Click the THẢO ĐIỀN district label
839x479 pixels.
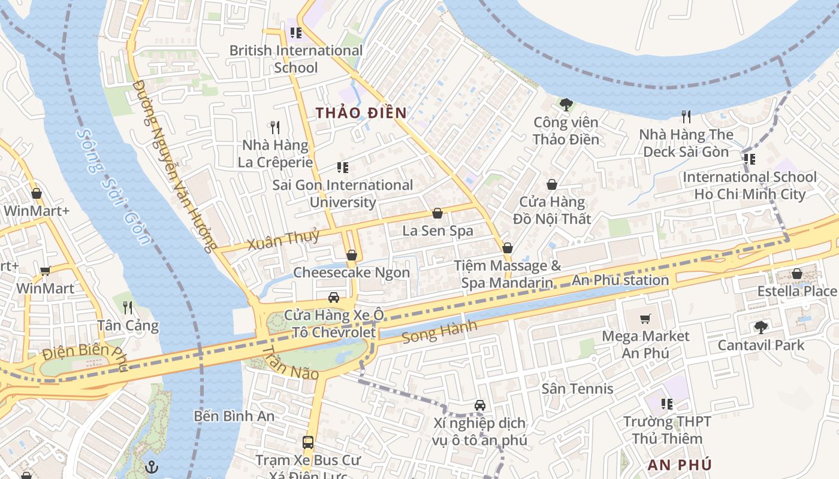coord(361,113)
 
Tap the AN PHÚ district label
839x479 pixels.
coord(680,465)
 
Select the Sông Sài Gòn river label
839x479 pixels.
coord(114,187)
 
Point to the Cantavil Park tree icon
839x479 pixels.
coord(760,328)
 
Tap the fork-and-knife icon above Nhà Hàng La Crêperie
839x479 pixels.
coord(275,128)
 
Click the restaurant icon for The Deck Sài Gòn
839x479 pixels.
coord(686,117)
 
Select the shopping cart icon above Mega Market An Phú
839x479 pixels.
coord(645,319)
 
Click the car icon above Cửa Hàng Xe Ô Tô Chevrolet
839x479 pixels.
coord(334,298)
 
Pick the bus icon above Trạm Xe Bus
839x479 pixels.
coord(307,443)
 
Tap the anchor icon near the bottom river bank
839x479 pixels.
coord(152,466)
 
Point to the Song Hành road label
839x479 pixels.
coord(439,332)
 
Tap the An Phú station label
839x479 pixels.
coord(620,280)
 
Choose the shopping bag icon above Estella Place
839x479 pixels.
coord(796,274)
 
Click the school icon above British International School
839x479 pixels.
coord(295,33)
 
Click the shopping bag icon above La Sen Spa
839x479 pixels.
coord(437,214)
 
